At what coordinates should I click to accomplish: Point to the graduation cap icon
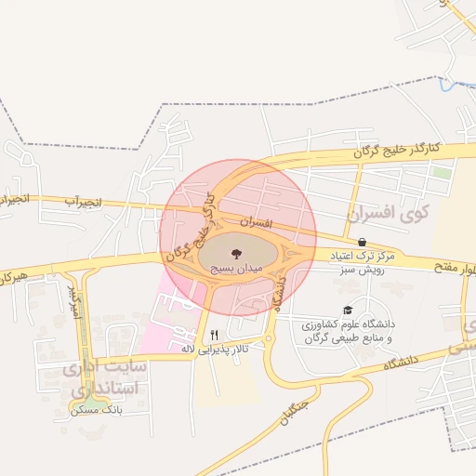coord(348,311)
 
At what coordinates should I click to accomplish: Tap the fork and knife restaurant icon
coord(215,334)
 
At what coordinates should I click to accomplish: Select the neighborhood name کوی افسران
coord(380,214)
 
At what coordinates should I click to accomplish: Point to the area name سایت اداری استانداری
coord(102,378)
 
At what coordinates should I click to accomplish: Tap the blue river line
coord(456,86)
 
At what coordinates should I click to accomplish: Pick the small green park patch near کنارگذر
coord(442,173)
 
